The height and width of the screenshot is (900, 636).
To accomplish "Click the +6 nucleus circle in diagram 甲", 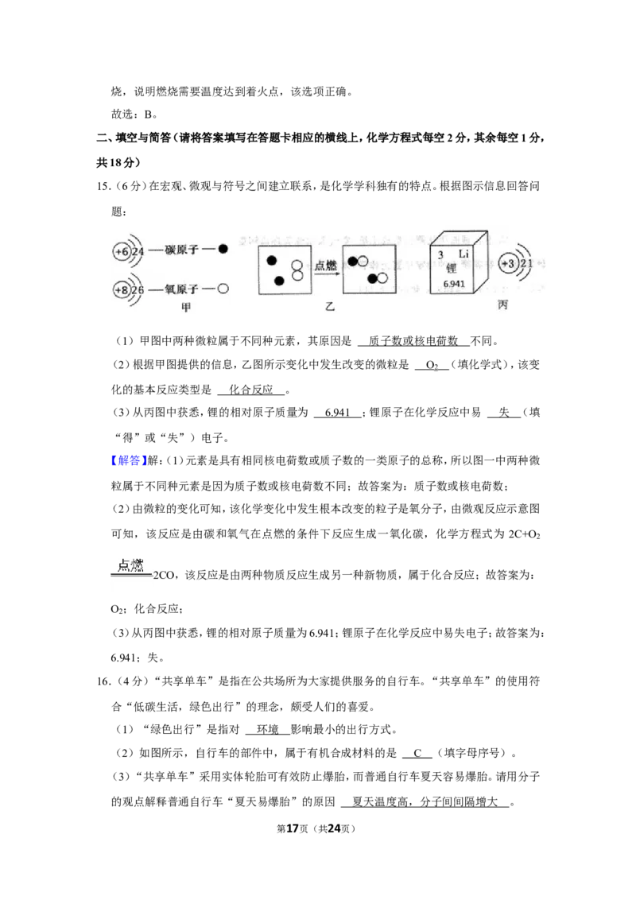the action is (x=122, y=251).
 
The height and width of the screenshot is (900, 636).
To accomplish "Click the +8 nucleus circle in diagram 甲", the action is (x=122, y=290).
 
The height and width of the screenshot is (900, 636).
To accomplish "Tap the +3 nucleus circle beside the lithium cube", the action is (x=508, y=263).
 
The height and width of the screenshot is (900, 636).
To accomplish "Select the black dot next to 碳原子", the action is (x=223, y=249).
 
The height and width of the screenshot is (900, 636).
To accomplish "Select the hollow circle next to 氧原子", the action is (x=223, y=289).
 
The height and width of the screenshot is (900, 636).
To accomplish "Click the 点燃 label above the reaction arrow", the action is (x=325, y=266).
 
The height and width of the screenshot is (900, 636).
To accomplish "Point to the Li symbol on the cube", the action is (x=463, y=254).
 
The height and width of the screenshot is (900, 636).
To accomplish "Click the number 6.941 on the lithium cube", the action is (x=454, y=284).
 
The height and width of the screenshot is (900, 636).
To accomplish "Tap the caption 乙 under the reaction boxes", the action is (x=329, y=307).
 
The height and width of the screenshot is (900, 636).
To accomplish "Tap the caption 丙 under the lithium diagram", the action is (x=502, y=305).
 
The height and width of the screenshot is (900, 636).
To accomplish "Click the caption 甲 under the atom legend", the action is (x=186, y=308).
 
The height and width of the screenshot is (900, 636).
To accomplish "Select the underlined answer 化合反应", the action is (x=251, y=390).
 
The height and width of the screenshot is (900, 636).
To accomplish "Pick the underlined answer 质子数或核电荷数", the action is (x=413, y=341).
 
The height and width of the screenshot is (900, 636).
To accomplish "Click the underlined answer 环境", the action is (x=267, y=730).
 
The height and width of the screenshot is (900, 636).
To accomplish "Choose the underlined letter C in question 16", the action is (x=417, y=753).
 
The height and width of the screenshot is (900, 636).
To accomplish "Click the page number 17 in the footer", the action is (x=293, y=828).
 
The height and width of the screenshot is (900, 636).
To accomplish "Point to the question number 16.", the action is (x=103, y=681).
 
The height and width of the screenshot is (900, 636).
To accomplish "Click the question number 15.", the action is (x=103, y=186).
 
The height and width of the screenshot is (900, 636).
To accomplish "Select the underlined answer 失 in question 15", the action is (x=504, y=412).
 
